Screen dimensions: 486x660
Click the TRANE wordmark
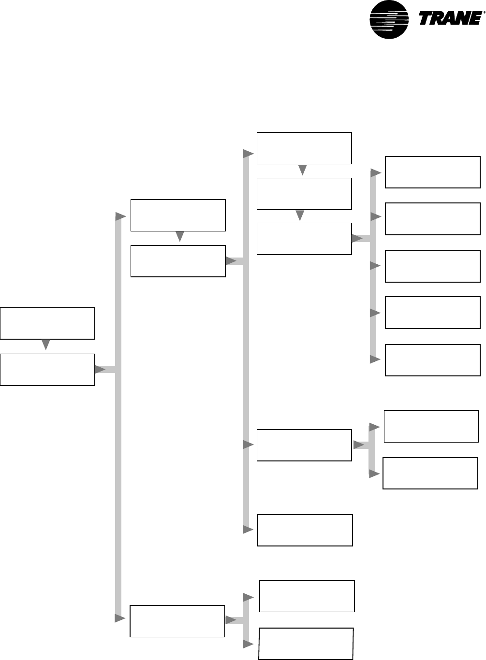[449, 19]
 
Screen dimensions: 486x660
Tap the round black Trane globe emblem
[389, 19]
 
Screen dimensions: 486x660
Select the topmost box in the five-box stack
[432, 172]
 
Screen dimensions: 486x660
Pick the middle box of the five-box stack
[432, 266]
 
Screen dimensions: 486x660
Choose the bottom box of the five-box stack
[432, 360]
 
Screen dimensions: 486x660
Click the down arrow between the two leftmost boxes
[46, 344]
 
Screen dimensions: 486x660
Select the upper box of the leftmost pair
[47, 323]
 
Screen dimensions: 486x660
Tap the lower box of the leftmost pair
[47, 370]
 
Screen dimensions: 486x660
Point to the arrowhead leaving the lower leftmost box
[101, 370]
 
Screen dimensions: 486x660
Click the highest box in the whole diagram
[304, 148]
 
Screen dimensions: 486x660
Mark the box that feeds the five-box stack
[304, 239]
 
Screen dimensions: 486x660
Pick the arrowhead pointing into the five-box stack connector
[358, 238]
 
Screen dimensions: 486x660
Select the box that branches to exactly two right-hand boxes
[304, 445]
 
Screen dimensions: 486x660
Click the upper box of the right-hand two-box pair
[431, 426]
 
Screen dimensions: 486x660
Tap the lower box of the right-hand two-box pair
[430, 473]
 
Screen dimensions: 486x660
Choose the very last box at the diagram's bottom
[306, 644]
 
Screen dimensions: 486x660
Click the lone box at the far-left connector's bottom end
[177, 621]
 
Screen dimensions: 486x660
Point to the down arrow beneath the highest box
[303, 170]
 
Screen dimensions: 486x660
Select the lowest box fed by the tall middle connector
[305, 530]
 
